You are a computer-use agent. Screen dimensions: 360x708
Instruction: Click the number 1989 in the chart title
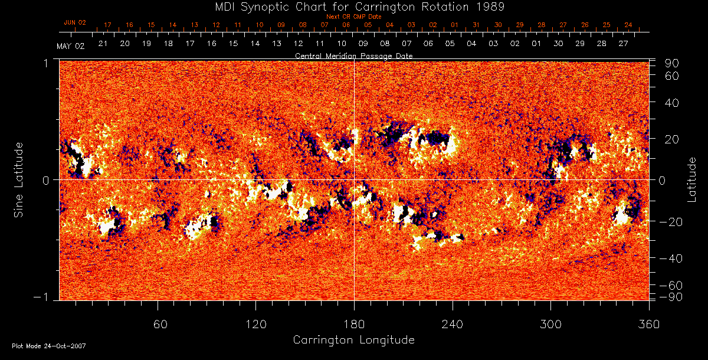(493, 6)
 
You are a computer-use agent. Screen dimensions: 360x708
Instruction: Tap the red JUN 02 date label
(75, 22)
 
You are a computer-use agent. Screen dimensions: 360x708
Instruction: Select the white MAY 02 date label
(71, 46)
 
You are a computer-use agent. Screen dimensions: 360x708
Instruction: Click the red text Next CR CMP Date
(354, 17)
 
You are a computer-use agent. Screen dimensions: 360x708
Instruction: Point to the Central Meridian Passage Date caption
(354, 55)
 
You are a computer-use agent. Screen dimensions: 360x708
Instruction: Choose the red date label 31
(476, 25)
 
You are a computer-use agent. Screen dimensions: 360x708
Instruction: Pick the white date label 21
(103, 44)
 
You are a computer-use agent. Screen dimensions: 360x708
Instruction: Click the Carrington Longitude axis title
(353, 340)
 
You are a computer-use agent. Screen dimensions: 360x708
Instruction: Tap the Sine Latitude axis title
(19, 179)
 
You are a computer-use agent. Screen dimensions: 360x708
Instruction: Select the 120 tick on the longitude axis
(256, 324)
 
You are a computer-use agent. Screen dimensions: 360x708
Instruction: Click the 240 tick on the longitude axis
(453, 324)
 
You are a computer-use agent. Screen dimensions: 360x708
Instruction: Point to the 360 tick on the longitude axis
(649, 324)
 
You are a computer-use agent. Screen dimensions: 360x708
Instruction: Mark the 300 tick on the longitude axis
(550, 324)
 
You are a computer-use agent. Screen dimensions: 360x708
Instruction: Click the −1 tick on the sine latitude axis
(43, 297)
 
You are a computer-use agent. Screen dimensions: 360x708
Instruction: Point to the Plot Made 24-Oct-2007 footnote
(49, 346)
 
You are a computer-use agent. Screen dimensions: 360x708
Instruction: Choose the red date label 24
(628, 25)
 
